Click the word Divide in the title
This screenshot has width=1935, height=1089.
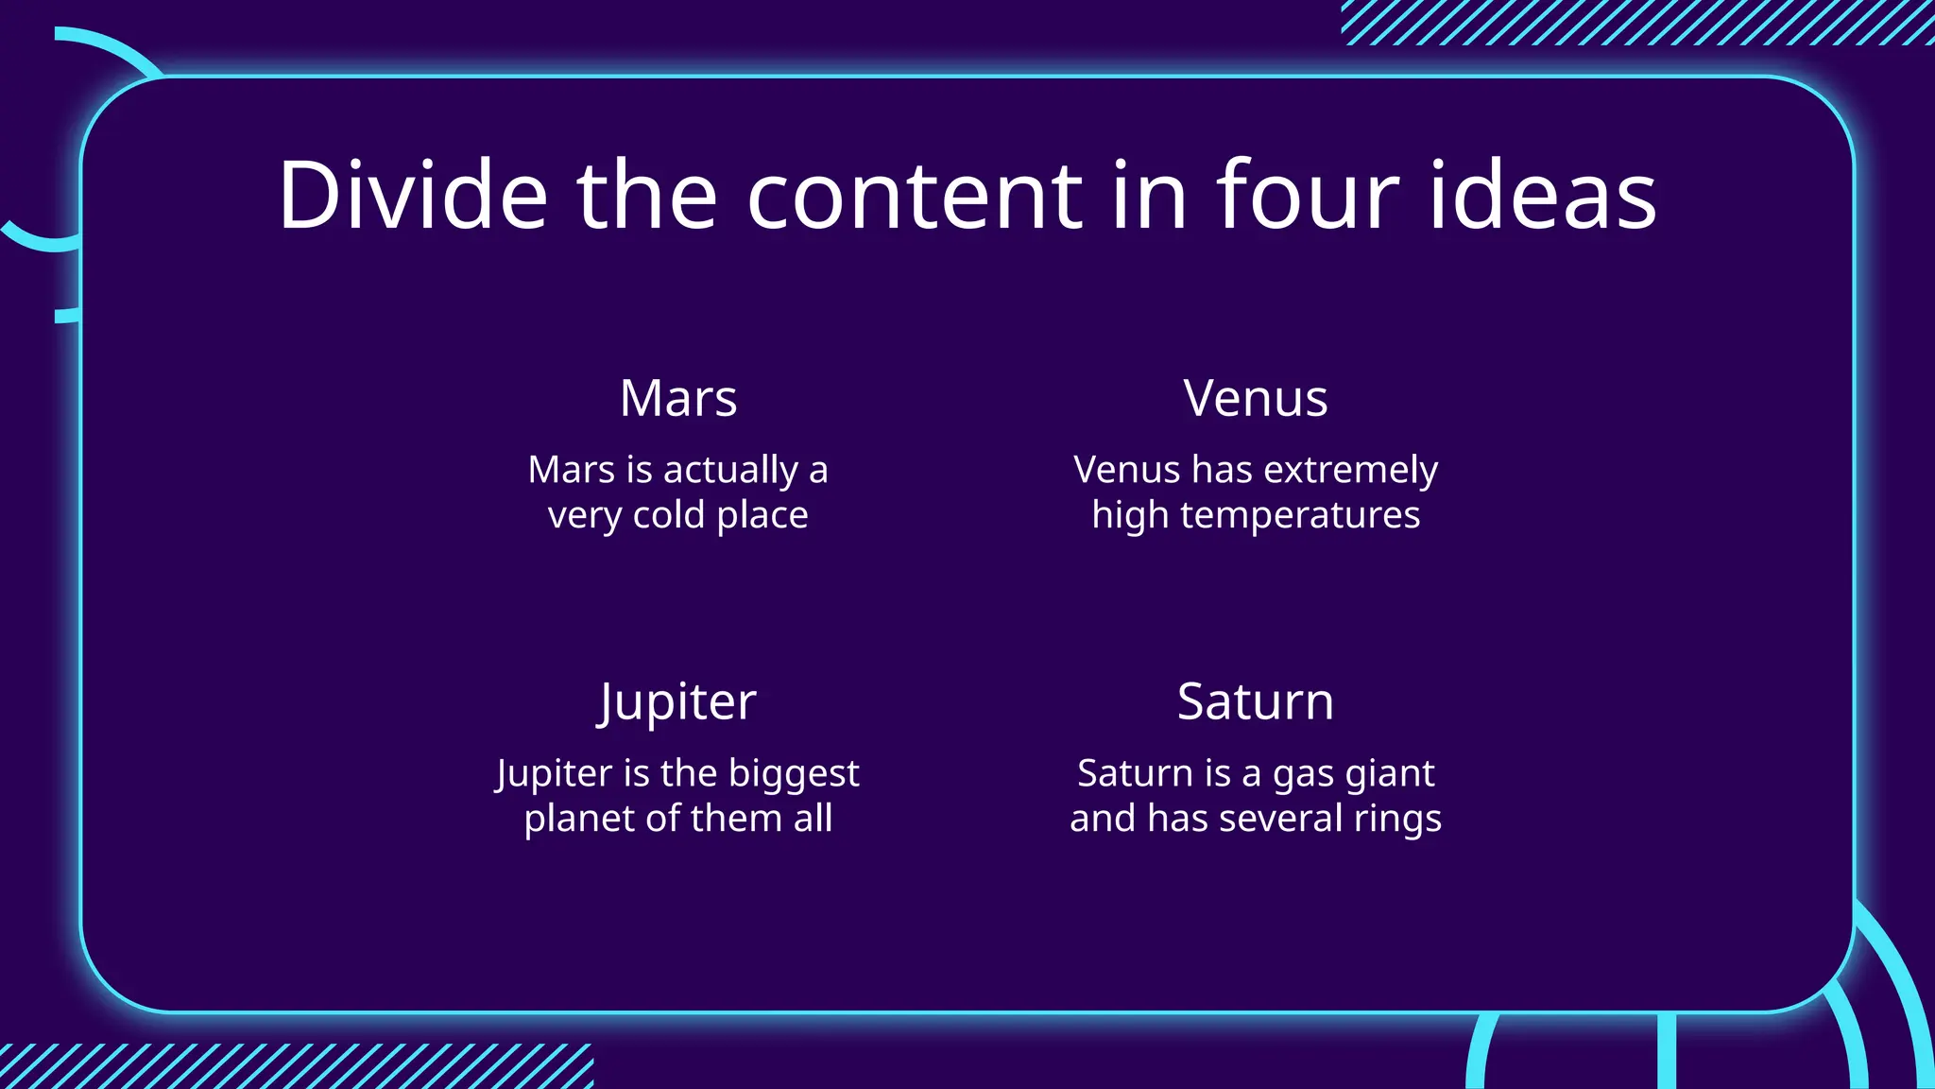(413, 195)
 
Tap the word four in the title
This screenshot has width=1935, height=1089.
(1307, 195)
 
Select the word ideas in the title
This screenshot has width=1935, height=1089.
(1542, 195)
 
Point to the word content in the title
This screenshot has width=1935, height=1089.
(915, 195)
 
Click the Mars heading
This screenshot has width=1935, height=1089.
(678, 398)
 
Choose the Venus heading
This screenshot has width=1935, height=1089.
(1256, 398)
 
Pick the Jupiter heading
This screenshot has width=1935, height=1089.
(677, 702)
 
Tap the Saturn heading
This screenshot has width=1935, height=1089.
(1256, 701)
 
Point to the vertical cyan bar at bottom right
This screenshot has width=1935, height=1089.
(1667, 1051)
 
